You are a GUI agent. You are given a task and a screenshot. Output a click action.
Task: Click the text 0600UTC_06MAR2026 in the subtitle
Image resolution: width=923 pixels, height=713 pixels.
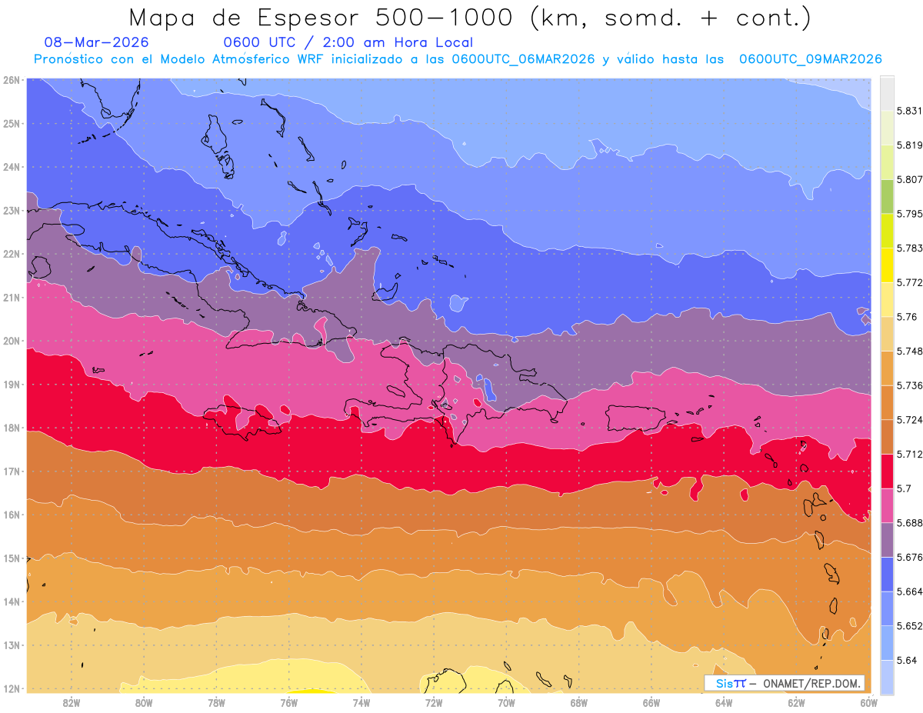pyautogui.click(x=523, y=59)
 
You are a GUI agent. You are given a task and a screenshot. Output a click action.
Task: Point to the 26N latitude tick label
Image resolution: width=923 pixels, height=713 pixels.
pyautogui.click(x=11, y=80)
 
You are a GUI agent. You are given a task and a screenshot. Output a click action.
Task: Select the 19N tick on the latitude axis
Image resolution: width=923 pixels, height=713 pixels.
pyautogui.click(x=11, y=385)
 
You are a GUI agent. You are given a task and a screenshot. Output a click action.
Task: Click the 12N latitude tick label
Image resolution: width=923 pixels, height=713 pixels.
pyautogui.click(x=11, y=688)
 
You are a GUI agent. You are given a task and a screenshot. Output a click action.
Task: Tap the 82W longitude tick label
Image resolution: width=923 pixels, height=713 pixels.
pyautogui.click(x=72, y=702)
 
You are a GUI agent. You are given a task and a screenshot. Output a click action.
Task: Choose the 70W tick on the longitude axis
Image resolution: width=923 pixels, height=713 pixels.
pyautogui.click(x=506, y=702)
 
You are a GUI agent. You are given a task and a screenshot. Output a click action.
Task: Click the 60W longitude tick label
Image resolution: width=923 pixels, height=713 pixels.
pyautogui.click(x=868, y=702)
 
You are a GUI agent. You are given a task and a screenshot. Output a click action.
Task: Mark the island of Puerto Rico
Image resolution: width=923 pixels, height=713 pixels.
pyautogui.click(x=635, y=418)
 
